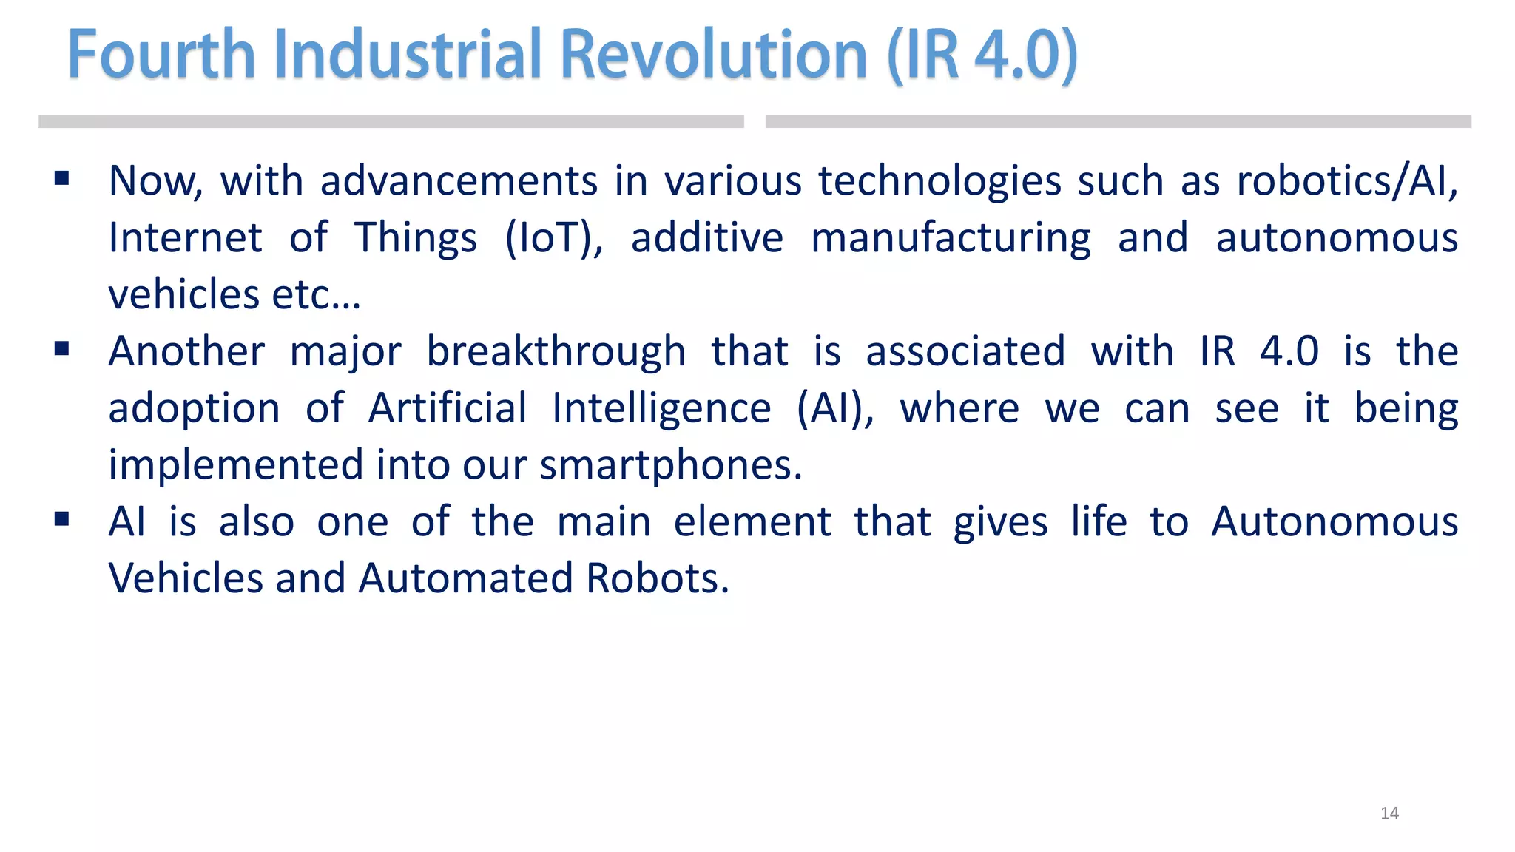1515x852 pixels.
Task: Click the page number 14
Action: (x=1389, y=814)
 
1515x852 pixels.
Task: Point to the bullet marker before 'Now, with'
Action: (x=62, y=178)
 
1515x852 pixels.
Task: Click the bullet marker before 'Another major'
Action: (x=62, y=348)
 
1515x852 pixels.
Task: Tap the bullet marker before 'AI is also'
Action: (x=62, y=519)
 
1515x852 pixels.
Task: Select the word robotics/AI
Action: (x=1347, y=181)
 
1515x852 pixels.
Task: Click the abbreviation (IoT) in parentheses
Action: (x=553, y=238)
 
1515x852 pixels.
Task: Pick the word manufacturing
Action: (x=951, y=238)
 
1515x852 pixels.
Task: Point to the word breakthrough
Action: (x=556, y=351)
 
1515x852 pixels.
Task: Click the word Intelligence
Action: (x=661, y=408)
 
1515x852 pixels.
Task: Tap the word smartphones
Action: (x=670, y=465)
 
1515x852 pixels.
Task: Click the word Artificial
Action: (x=448, y=408)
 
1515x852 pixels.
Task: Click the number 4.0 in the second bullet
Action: (x=1289, y=351)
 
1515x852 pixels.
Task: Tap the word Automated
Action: (x=465, y=578)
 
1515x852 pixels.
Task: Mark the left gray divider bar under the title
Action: (x=391, y=122)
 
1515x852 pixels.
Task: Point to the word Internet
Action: (x=185, y=238)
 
